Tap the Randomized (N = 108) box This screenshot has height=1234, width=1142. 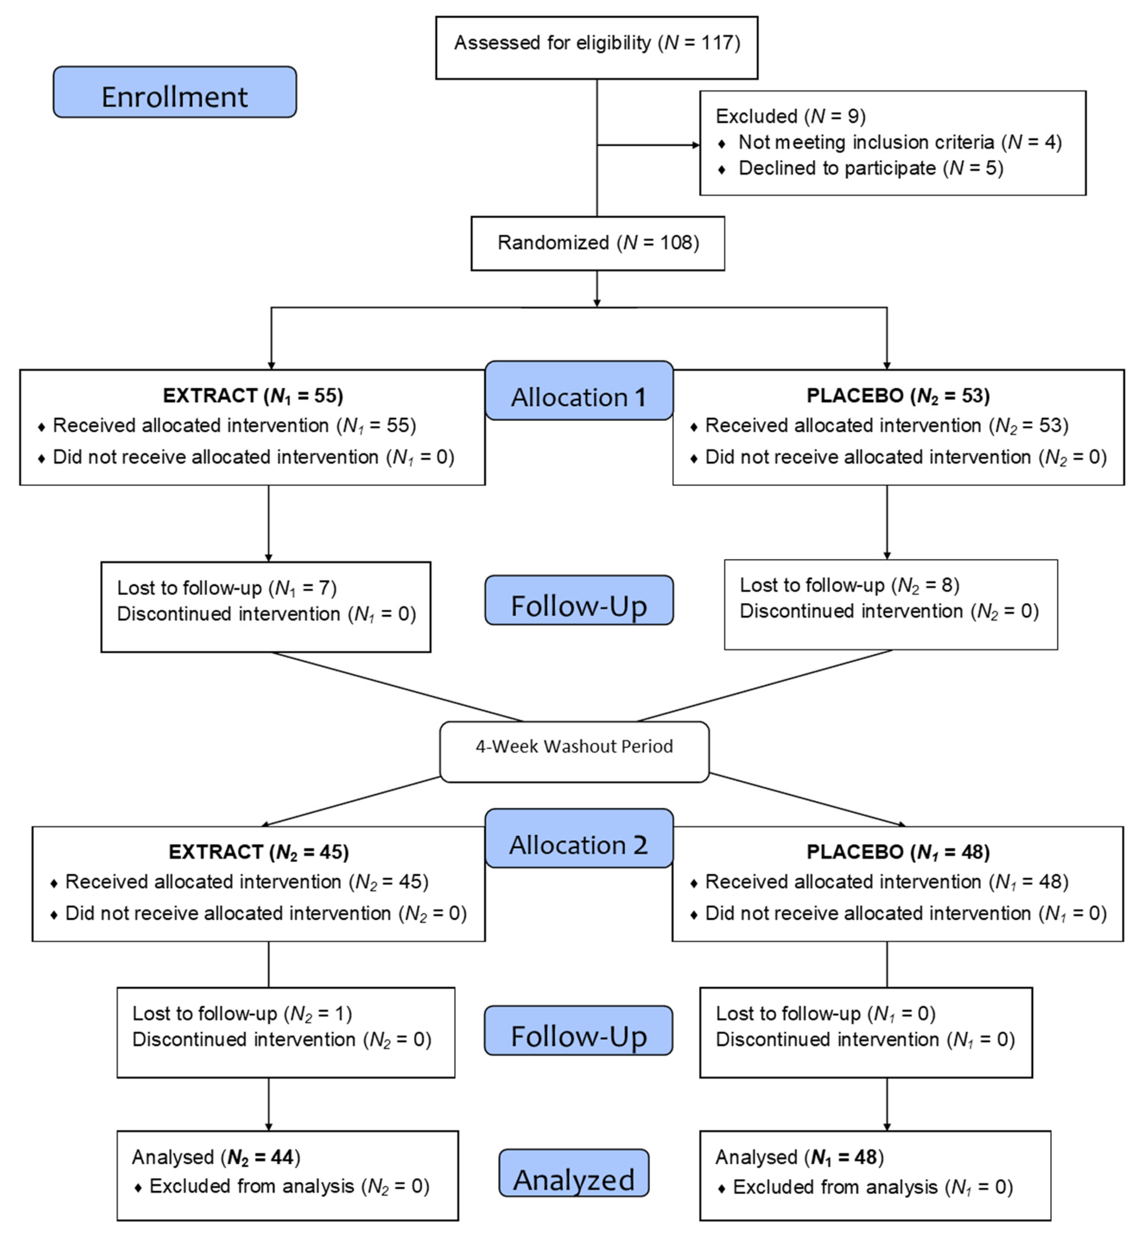(x=598, y=243)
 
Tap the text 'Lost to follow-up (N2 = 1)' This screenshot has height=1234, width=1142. (x=242, y=1013)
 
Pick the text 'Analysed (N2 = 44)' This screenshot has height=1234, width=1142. (x=216, y=1157)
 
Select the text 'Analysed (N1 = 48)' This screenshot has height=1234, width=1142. (x=799, y=1157)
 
